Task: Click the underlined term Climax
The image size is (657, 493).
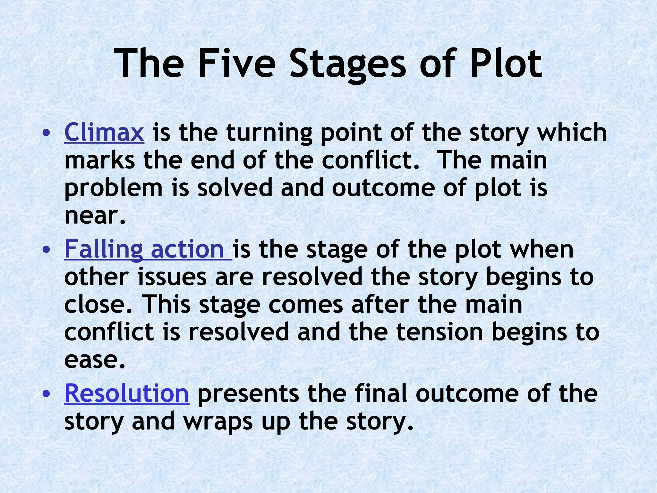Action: click(x=104, y=132)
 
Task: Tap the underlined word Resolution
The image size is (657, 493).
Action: click(x=127, y=394)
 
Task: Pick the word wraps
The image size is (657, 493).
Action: click(x=218, y=422)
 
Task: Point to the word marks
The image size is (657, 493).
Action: click(x=99, y=160)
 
